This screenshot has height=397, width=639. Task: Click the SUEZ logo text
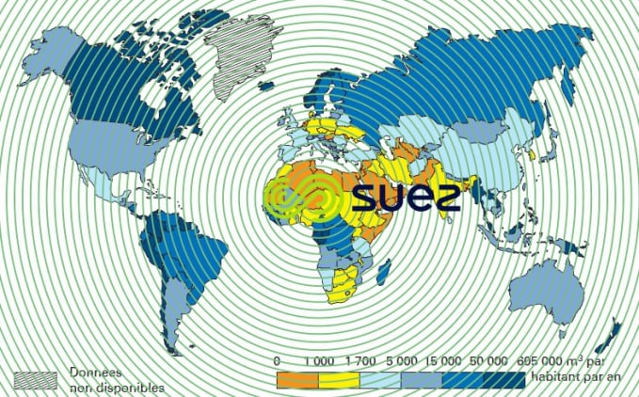tap(407, 197)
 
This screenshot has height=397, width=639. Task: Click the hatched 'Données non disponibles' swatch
tap(37, 378)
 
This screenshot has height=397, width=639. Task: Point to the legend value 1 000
tap(320, 361)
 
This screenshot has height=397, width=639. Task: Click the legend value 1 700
tap(363, 361)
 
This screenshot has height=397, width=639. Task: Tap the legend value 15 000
tap(450, 361)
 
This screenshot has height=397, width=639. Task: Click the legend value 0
tap(277, 361)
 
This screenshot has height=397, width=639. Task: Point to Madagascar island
tap(384, 274)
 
